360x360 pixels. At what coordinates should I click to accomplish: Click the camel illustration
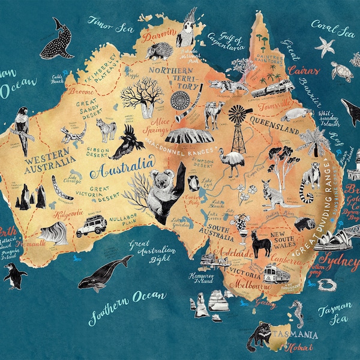[214, 114]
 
